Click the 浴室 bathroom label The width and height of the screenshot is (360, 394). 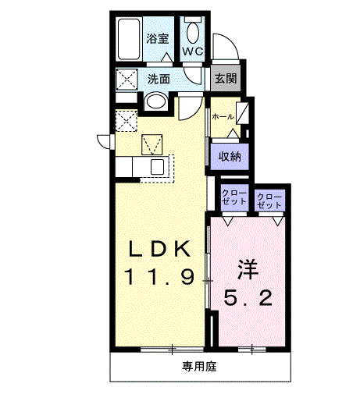(159, 37)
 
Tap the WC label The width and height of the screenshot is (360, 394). (193, 51)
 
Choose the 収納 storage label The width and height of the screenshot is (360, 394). (228, 156)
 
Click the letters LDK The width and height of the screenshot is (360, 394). (159, 249)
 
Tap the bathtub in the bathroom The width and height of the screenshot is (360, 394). (129, 39)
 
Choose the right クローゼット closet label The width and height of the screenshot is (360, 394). (269, 199)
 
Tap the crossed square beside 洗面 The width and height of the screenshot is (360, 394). (127, 79)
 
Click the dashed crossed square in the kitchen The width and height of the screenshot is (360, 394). (126, 121)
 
